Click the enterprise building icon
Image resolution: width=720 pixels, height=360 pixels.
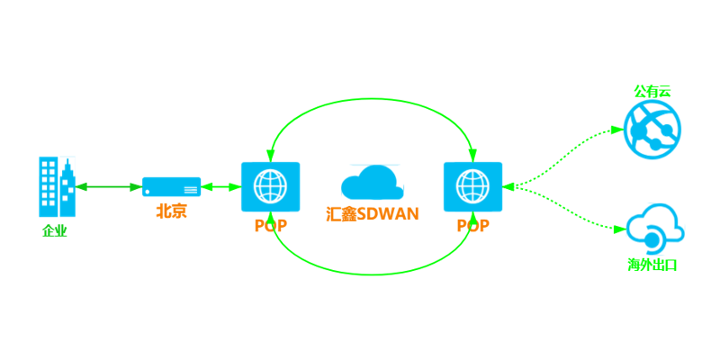pos(57,186)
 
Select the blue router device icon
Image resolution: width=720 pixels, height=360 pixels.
pos(171,186)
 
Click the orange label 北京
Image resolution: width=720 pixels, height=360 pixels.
pos(171,211)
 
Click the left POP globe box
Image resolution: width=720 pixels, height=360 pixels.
pos(270,186)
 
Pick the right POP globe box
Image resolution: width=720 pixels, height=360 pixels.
pos(472,186)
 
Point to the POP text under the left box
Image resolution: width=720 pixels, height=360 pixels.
pos(271,226)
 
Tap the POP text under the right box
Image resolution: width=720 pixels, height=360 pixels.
pos(472,226)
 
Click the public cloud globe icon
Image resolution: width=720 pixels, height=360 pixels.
pos(650,130)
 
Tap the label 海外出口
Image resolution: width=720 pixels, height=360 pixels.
pos(652,265)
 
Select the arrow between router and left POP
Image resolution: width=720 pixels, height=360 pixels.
pos(220,187)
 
